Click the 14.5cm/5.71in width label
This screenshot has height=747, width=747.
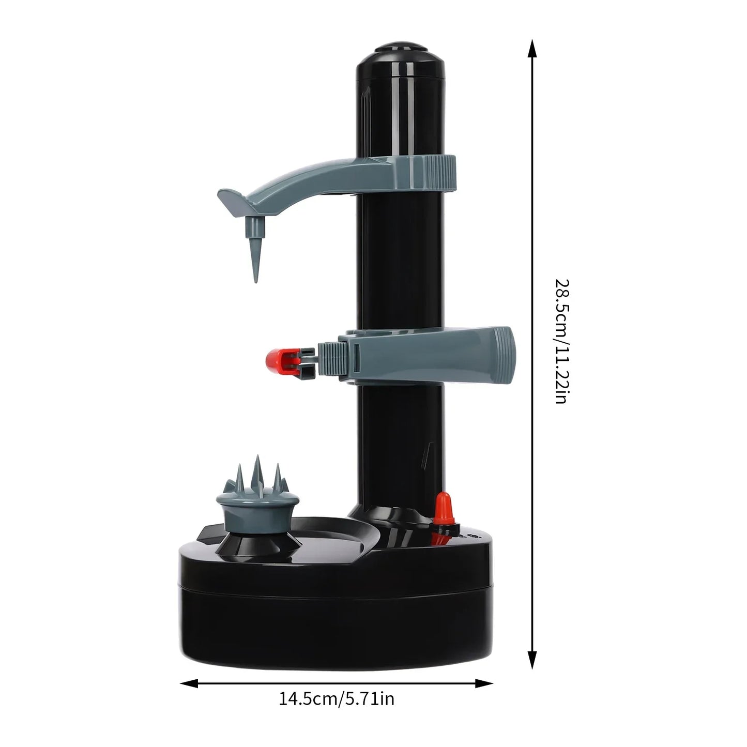(x=337, y=699)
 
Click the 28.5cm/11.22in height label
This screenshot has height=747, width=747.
(x=561, y=341)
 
